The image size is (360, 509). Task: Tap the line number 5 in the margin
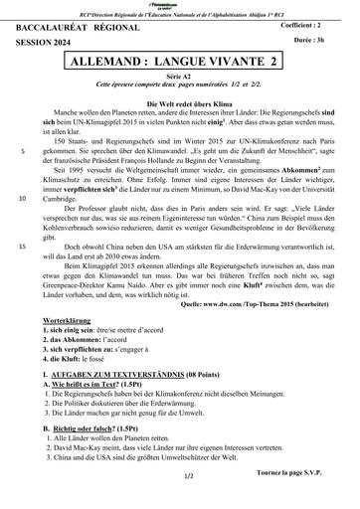(x=23, y=153)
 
